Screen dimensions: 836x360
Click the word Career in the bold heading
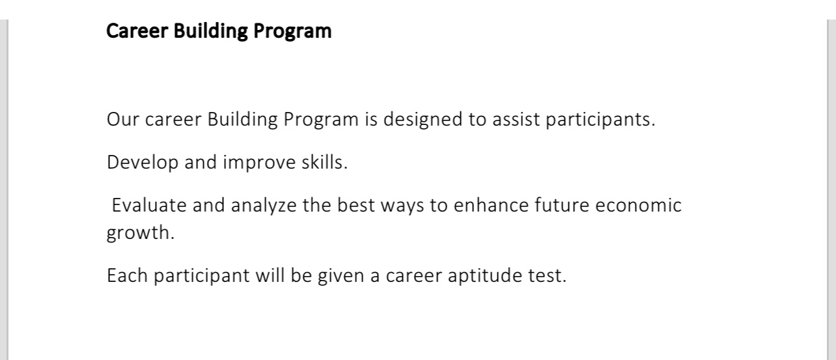pyautogui.click(x=137, y=31)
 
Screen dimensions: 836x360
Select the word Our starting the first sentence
pyautogui.click(x=123, y=119)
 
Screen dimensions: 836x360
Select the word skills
pyautogui.click(x=324, y=162)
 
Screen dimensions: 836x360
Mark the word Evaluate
pyautogui.click(x=149, y=205)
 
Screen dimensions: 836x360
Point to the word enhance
pyautogui.click(x=491, y=205)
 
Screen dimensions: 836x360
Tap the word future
pyautogui.click(x=562, y=205)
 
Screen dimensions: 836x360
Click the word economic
pyautogui.click(x=638, y=205)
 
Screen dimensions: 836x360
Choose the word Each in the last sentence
pyautogui.click(x=127, y=275)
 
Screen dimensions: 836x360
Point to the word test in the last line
pyautogui.click(x=547, y=276)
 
